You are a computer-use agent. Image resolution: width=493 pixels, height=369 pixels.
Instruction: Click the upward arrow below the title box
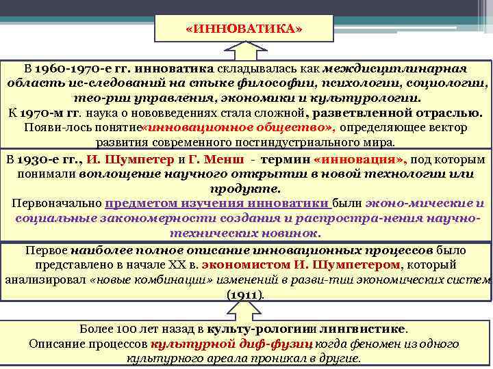click(x=244, y=53)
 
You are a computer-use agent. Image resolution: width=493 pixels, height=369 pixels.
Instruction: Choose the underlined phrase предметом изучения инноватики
click(x=217, y=204)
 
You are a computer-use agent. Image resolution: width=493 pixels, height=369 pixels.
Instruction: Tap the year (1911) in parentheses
click(x=244, y=295)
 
